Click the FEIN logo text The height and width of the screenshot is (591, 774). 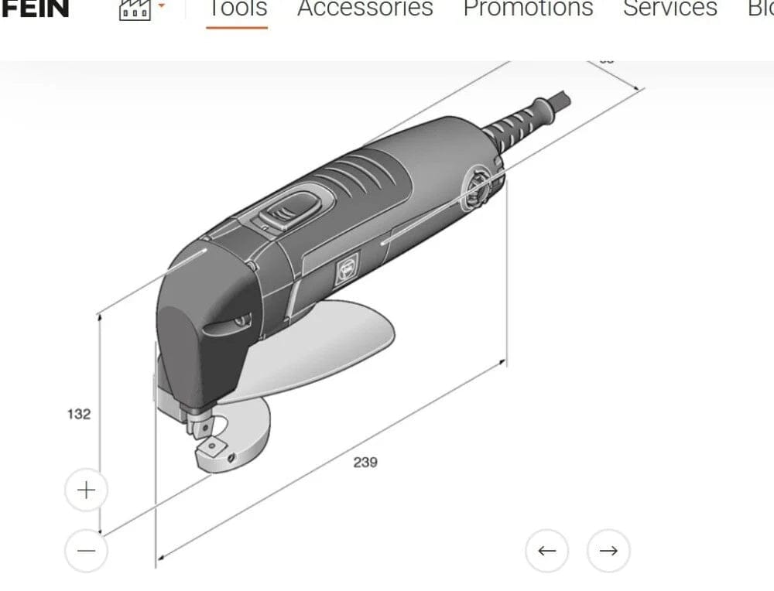34,9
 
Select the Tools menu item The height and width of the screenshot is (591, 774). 237,9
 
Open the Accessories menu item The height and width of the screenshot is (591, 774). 365,9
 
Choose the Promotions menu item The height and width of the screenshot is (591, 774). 528,9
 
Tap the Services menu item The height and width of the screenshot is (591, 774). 670,9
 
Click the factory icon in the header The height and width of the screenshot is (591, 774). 135,9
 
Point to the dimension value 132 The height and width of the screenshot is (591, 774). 78,414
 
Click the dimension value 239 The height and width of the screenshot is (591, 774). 365,462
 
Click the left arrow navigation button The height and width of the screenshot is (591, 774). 547,551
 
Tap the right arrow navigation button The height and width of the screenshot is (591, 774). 608,551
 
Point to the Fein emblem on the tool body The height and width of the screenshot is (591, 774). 344,270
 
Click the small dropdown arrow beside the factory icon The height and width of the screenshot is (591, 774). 162,6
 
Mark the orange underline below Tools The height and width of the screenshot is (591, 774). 237,27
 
